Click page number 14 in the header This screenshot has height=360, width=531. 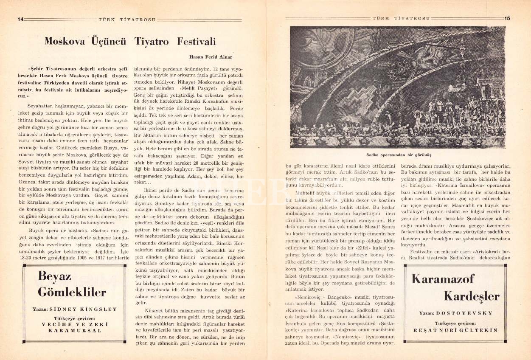[x=20, y=19]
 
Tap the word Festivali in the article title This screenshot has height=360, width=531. [x=196, y=42]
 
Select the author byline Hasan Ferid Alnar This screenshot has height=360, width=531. [x=211, y=56]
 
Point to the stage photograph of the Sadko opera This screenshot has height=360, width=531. [x=398, y=87]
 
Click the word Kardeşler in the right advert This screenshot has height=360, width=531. [x=471, y=296]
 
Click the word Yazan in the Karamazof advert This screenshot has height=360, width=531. [x=425, y=313]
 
